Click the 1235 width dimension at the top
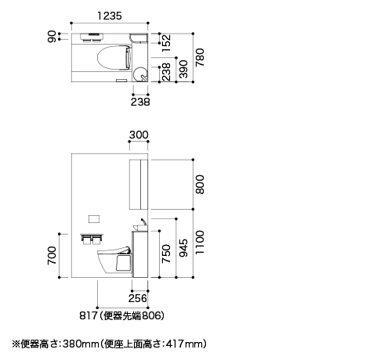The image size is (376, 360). point(110,16)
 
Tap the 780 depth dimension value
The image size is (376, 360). point(200,57)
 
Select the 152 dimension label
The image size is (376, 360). point(166,43)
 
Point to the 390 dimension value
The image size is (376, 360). point(183,69)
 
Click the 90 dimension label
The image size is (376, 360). point(52,37)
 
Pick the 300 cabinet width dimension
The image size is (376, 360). point(139,135)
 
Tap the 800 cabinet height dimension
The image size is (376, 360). point(200,185)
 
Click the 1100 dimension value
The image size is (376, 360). point(200,242)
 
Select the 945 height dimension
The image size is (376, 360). point(183,248)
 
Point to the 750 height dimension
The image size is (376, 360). point(166,254)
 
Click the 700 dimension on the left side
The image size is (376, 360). point(52,255)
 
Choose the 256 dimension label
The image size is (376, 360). point(138,298)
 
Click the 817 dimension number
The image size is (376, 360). point(89,315)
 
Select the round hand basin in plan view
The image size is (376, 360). point(140,74)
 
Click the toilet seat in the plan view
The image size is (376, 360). point(114,58)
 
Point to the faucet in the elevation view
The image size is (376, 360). point(143,222)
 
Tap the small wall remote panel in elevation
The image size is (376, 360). point(94,219)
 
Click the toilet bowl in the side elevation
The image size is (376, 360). point(115,261)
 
